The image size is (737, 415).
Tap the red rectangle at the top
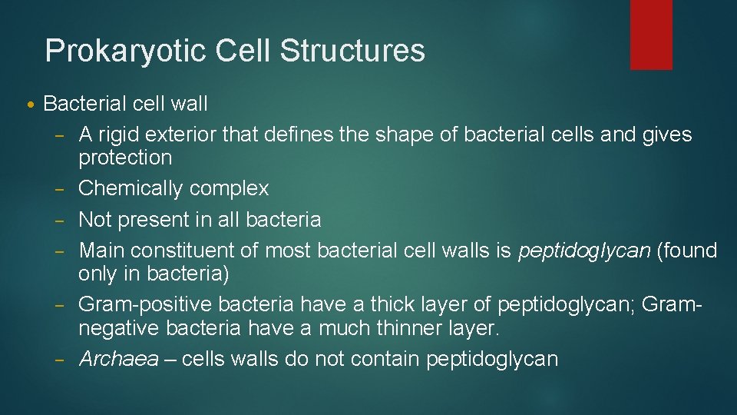coord(651,35)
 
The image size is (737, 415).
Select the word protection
coord(125,158)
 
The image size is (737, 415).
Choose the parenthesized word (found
coord(687,251)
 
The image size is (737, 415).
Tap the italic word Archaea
coord(117,359)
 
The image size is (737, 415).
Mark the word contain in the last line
coord(382,359)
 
